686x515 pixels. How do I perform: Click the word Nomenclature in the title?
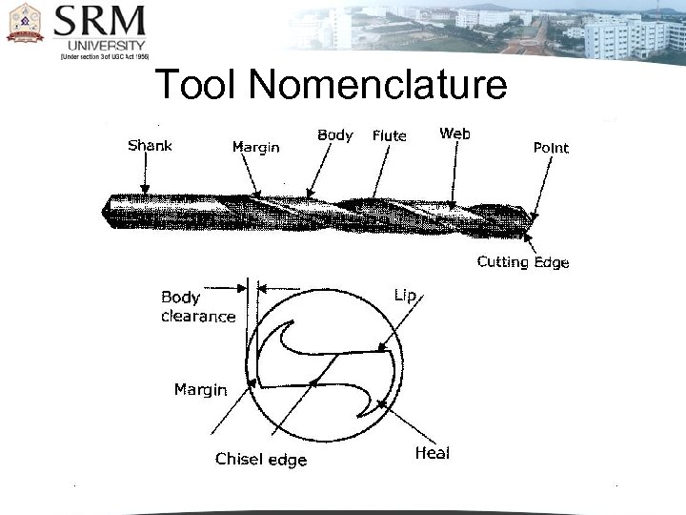click(x=381, y=86)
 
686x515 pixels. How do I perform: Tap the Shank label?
click(x=150, y=146)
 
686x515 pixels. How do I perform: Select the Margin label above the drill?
click(x=256, y=147)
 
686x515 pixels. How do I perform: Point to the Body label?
click(x=335, y=135)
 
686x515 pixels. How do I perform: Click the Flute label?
click(x=390, y=135)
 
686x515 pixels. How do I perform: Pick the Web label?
click(x=454, y=134)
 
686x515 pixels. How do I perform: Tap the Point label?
click(x=551, y=147)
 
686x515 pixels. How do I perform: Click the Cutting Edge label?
click(x=523, y=262)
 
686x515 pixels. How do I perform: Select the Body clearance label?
click(x=198, y=307)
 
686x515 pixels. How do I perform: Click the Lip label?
click(x=405, y=296)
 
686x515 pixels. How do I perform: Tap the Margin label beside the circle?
click(x=200, y=389)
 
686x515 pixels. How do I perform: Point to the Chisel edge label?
click(x=261, y=460)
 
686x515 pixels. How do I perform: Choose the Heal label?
click(x=433, y=453)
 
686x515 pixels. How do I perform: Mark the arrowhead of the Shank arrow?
click(x=144, y=193)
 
